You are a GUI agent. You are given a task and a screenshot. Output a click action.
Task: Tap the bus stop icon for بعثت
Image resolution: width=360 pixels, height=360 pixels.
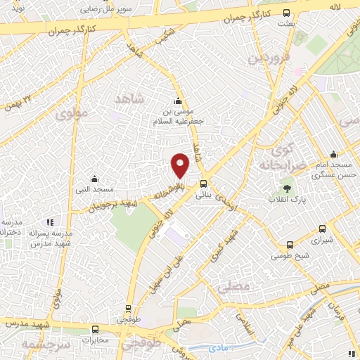(285, 13)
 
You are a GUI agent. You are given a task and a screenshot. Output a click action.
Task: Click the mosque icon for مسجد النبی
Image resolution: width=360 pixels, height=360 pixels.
(94, 179)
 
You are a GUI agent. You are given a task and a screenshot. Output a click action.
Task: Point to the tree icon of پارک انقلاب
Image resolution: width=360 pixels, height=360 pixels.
(287, 188)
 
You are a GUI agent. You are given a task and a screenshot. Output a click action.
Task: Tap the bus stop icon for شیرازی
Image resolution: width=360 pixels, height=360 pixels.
(322, 229)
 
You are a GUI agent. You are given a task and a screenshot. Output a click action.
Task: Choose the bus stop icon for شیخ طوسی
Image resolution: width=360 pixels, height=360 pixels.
(290, 245)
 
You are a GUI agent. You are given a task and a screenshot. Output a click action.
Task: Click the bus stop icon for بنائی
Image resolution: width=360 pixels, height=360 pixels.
(203, 187)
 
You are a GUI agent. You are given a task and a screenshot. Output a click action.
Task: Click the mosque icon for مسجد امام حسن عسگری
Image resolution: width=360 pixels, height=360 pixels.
(333, 155)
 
